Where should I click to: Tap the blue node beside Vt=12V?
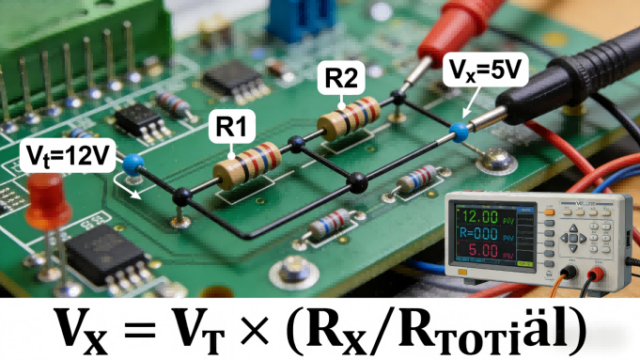click(132, 164)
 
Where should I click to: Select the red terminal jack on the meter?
click(596, 275)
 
